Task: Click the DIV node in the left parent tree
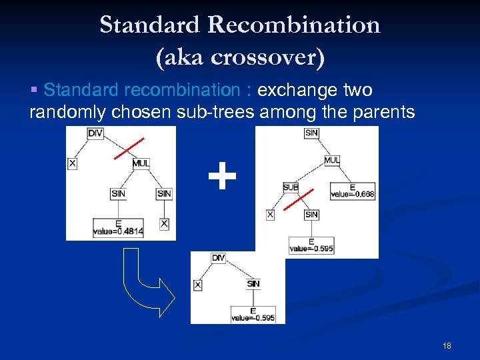point(95,133)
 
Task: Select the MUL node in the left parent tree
point(141,163)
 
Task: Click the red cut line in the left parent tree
point(129,148)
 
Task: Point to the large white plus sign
point(222,178)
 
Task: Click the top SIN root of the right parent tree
point(311,133)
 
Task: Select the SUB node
point(291,187)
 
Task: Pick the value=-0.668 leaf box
point(352,191)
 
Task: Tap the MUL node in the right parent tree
point(332,160)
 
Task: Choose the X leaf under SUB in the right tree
point(270,215)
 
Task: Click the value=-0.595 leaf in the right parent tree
point(311,245)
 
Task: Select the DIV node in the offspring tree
point(218,258)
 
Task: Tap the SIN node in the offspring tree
point(253,284)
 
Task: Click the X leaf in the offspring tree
point(197,285)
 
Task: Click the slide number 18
point(447,346)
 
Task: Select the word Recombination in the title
point(293,25)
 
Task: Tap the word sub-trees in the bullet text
point(215,111)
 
